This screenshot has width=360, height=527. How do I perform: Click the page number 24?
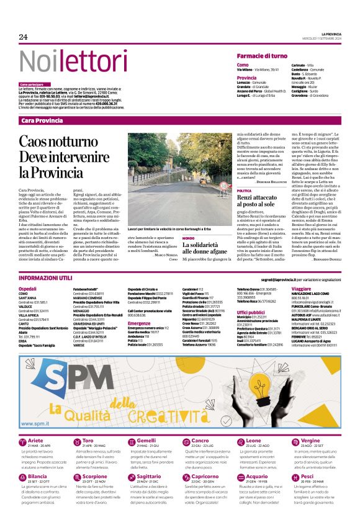24,37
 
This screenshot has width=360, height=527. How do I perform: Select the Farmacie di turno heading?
267,56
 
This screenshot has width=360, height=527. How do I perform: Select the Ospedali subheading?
27,289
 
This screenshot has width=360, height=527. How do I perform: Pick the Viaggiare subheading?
301,289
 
